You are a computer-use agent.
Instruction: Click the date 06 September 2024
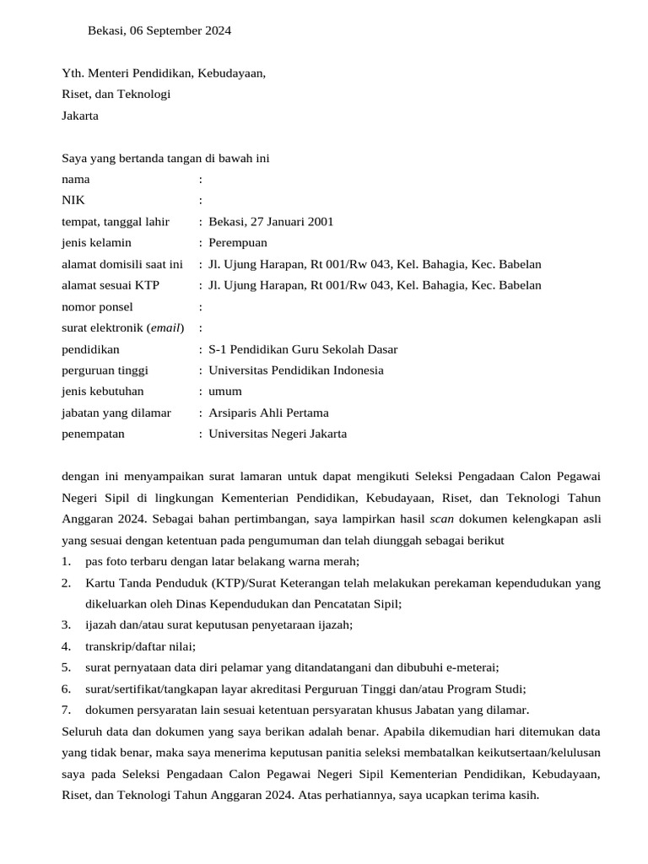[180, 31]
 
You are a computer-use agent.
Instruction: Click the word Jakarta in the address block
[80, 116]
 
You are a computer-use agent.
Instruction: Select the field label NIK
[73, 201]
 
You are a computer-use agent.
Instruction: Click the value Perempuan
[239, 243]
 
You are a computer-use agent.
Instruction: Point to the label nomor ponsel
[97, 307]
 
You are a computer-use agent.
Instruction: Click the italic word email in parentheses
[165, 328]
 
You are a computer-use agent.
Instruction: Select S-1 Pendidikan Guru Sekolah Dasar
[303, 349]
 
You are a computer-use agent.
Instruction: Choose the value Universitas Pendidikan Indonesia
[295, 370]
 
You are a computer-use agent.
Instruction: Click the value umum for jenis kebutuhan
[225, 391]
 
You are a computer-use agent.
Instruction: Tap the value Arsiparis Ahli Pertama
[268, 413]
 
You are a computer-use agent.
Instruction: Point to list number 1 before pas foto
[66, 562]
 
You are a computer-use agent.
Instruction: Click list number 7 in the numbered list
[66, 710]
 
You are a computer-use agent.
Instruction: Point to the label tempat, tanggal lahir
[116, 222]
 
